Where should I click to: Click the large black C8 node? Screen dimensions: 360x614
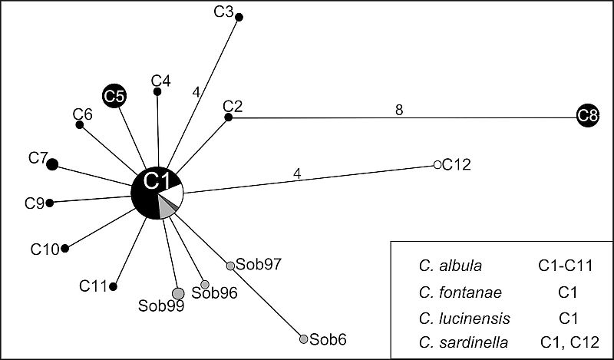589,117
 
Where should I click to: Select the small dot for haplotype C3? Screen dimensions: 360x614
239,17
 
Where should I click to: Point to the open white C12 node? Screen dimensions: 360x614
437,165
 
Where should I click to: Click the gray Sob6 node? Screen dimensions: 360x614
303,339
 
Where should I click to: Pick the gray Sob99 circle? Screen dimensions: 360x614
178,292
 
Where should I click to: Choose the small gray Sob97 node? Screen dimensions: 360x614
229,266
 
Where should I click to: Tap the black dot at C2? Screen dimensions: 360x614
228,117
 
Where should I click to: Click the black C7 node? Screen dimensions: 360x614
52,163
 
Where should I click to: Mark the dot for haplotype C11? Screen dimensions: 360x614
114,286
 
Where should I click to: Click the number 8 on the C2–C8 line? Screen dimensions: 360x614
399,110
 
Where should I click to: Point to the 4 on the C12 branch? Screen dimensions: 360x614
297,173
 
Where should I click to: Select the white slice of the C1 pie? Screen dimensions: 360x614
174,195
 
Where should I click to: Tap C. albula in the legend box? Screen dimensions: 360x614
451,266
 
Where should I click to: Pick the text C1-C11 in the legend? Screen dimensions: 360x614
565,266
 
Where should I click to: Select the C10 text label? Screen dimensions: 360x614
45,249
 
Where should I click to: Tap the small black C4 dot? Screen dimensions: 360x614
157,91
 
